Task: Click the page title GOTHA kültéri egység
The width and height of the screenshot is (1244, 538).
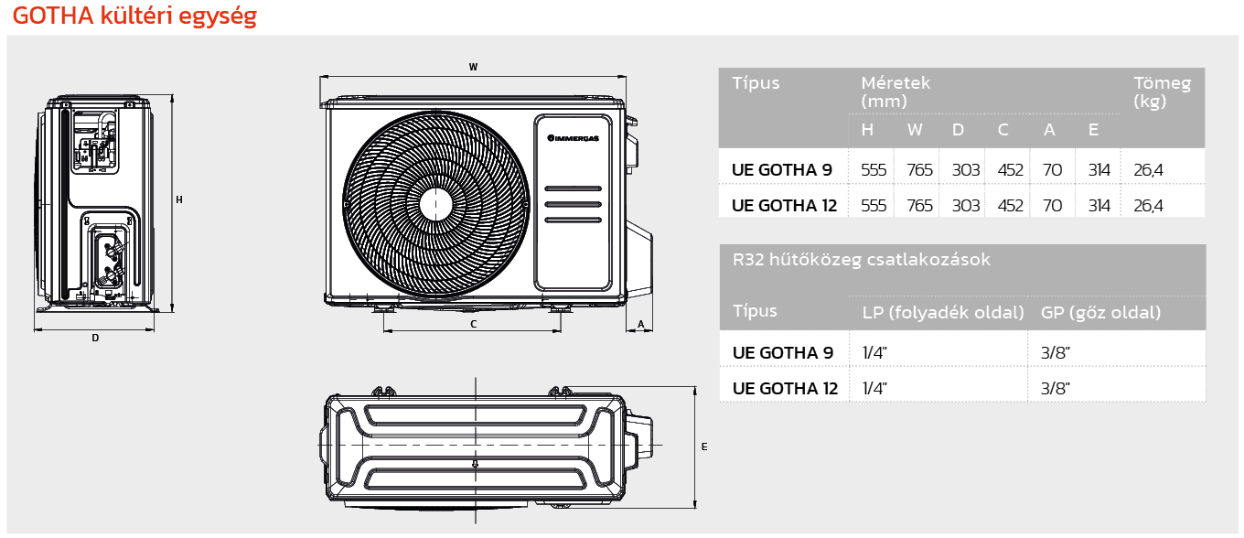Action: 134,16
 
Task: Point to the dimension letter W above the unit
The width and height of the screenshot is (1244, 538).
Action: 473,67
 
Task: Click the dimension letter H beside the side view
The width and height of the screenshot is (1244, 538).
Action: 179,199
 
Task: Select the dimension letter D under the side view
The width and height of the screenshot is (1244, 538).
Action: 95,339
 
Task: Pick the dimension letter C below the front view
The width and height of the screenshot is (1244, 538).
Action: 473,324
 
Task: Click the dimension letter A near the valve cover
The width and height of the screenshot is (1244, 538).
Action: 641,324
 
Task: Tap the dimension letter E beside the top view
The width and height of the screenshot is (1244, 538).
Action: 703,447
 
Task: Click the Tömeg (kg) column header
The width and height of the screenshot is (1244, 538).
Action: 1162,92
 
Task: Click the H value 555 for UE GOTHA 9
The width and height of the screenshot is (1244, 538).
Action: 874,170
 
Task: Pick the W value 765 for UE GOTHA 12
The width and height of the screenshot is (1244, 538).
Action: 919,206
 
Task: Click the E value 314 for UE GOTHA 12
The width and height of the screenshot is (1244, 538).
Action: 1099,206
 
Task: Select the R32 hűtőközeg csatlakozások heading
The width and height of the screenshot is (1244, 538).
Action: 862,260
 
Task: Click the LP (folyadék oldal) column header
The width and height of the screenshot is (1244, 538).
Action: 943,313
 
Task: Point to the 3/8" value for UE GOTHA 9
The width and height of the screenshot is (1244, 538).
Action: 1056,352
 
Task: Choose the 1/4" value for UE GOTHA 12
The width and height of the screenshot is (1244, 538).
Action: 874,388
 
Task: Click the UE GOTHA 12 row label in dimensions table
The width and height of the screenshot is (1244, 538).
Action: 784,206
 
